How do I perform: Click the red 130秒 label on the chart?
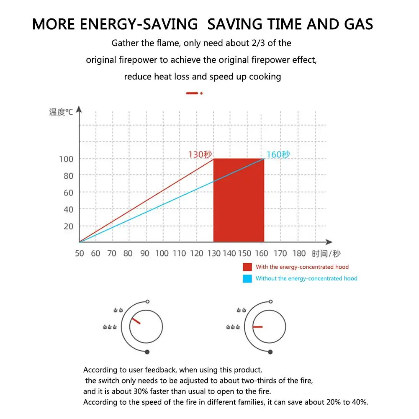tap(201, 154)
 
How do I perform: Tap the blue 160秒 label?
tap(278, 154)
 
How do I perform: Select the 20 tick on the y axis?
tap(68, 226)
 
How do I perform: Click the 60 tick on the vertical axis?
tap(68, 193)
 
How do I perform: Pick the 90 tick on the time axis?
tap(145, 253)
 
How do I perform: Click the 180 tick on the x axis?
tap(299, 253)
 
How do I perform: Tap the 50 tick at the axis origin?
tap(80, 253)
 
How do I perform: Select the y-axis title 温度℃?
tap(61, 112)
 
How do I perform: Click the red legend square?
tap(247, 267)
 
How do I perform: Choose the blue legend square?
tap(247, 278)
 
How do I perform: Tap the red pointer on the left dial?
tap(136, 321)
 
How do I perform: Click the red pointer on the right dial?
tap(257, 326)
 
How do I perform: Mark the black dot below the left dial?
tap(147, 352)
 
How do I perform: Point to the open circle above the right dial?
tap(271, 301)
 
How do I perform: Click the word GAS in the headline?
tap(355, 24)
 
